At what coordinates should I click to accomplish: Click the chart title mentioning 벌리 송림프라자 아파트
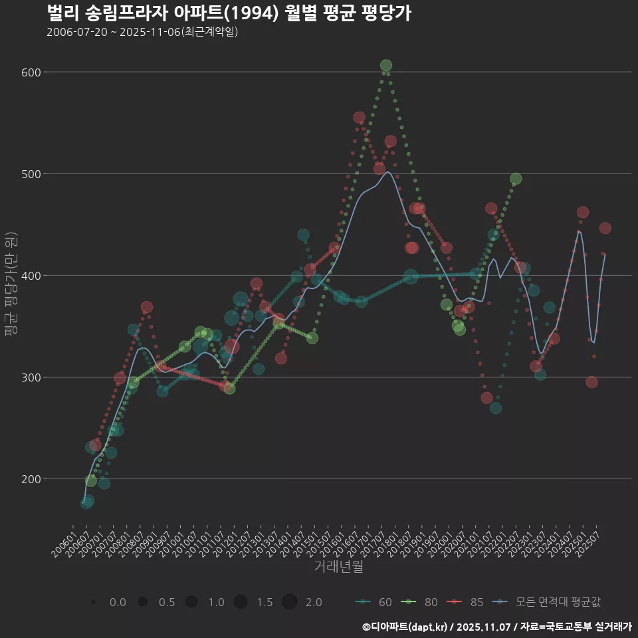[x=229, y=13]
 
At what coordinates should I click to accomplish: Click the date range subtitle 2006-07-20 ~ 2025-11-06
[x=142, y=32]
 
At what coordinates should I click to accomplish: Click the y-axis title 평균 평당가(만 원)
[x=11, y=286]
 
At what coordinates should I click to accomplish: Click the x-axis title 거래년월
[x=338, y=567]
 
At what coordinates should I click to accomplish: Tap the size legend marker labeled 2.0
[x=289, y=602]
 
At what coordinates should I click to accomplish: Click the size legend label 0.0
[x=118, y=602]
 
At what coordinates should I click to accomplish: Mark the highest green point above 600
[x=386, y=66]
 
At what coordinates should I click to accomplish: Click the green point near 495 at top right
[x=516, y=179]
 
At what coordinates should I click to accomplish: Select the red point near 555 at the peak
[x=360, y=118]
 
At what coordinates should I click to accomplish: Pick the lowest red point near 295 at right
[x=591, y=382]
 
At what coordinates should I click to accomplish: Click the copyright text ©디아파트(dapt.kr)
[x=406, y=627]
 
